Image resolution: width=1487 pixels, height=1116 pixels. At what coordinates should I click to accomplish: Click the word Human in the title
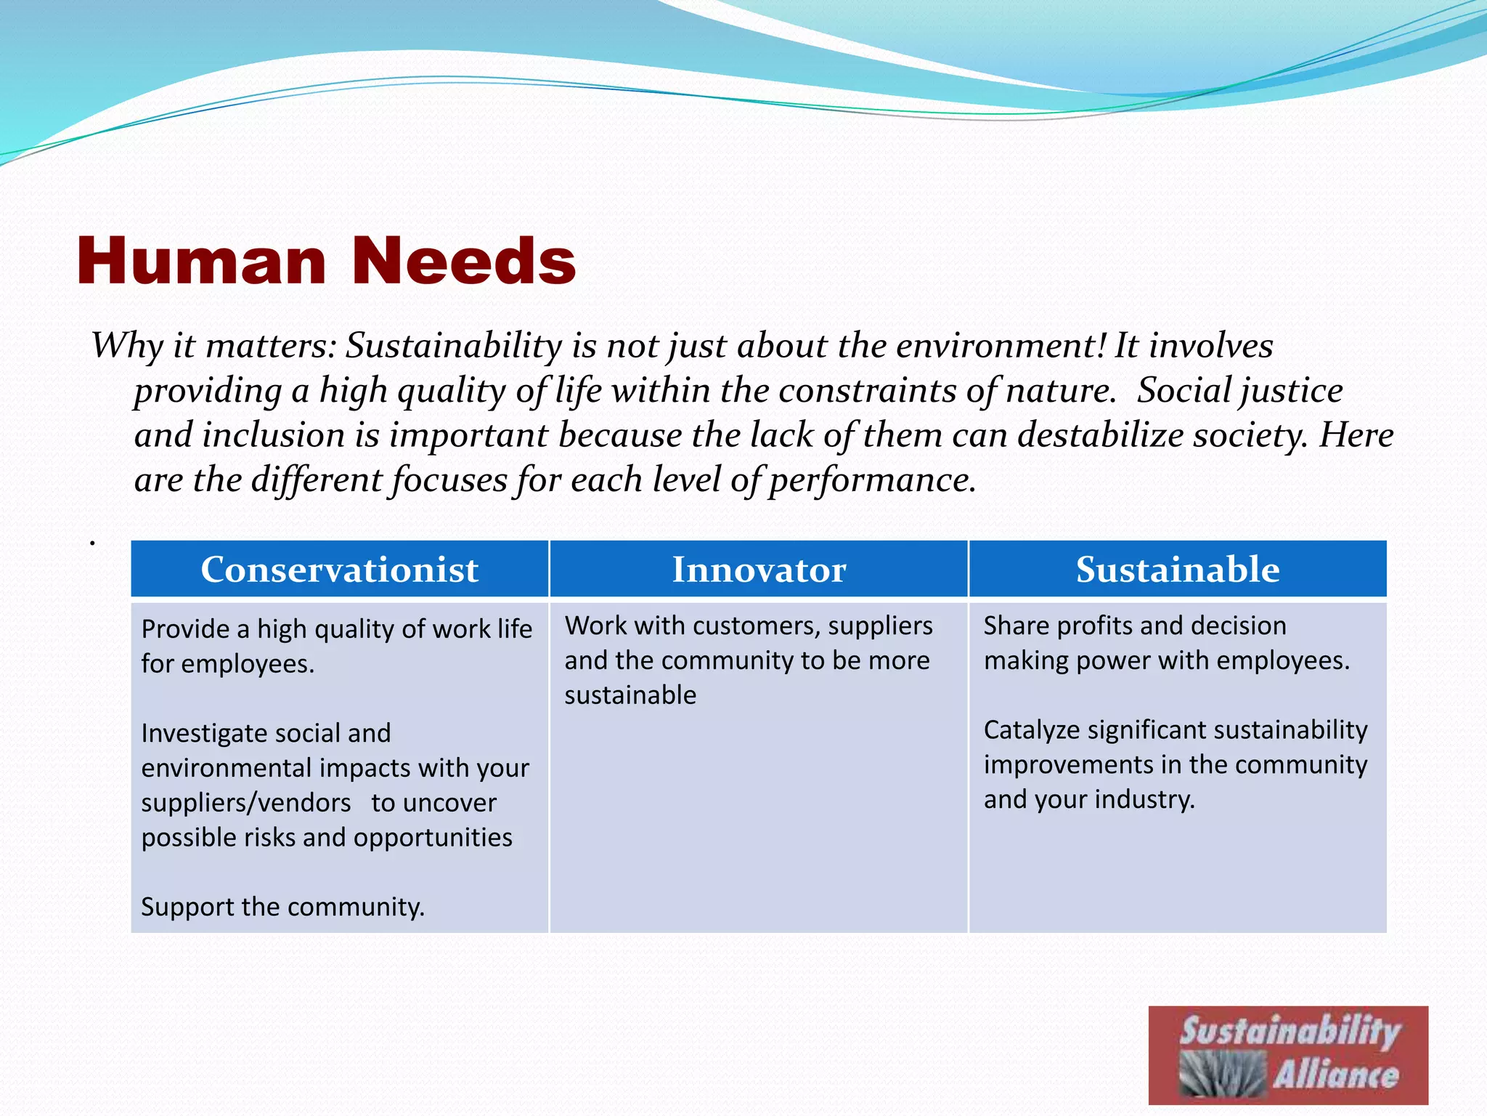(x=201, y=262)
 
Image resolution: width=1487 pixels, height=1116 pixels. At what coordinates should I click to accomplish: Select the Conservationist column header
(x=339, y=569)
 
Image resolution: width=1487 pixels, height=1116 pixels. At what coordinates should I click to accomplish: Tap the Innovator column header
(x=759, y=569)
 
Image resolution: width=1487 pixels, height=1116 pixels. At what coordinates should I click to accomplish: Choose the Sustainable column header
(x=1177, y=569)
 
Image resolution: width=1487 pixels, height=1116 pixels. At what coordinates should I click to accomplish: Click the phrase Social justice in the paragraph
(x=1239, y=390)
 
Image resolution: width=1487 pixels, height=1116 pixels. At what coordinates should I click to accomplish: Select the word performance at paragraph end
(x=871, y=480)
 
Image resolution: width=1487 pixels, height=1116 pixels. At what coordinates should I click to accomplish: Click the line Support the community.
(x=282, y=907)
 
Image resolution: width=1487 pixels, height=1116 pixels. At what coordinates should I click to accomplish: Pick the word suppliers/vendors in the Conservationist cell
(x=246, y=803)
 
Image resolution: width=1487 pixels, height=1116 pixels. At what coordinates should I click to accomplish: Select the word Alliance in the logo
(x=1335, y=1074)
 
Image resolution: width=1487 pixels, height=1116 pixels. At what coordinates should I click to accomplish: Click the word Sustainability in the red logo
(x=1290, y=1032)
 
